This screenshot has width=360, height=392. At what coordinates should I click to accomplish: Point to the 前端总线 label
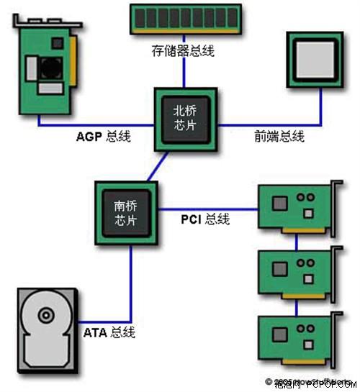(279, 135)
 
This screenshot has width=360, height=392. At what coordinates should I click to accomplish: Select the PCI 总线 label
(204, 218)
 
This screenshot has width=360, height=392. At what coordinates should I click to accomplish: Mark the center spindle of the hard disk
(46, 314)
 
